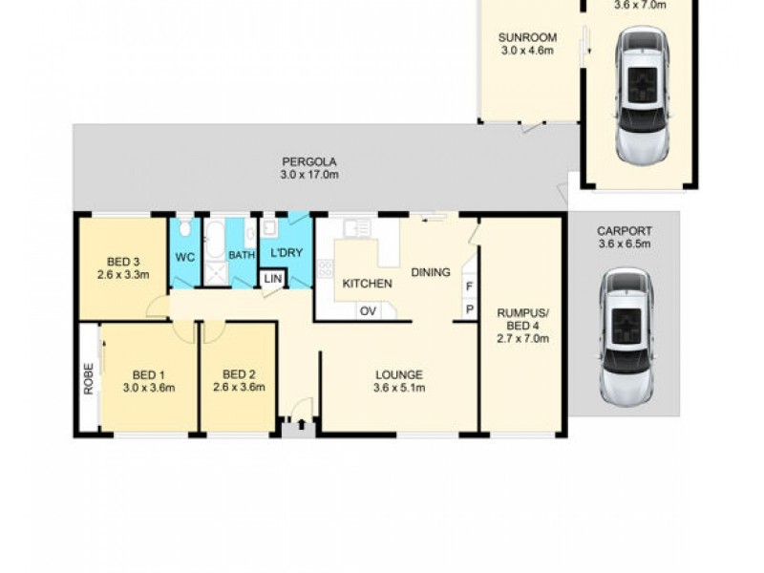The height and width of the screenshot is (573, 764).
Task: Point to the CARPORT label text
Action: [624, 231]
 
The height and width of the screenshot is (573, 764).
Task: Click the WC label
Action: [184, 256]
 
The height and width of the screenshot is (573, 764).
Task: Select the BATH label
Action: [241, 256]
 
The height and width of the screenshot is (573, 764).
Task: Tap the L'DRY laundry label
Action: [286, 256]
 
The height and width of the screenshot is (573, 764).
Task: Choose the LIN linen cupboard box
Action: [273, 278]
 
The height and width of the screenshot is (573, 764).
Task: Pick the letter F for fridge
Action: [469, 286]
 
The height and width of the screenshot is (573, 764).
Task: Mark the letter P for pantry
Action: [469, 309]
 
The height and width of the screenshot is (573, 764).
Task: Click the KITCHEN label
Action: [367, 284]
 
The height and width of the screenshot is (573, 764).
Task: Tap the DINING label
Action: [430, 272]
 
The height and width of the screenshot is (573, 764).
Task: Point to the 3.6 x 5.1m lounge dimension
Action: [398, 387]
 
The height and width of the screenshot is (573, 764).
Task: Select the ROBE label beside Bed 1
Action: [89, 379]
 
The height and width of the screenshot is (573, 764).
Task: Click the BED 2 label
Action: [239, 374]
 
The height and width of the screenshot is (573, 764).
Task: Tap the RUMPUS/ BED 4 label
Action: [521, 324]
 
